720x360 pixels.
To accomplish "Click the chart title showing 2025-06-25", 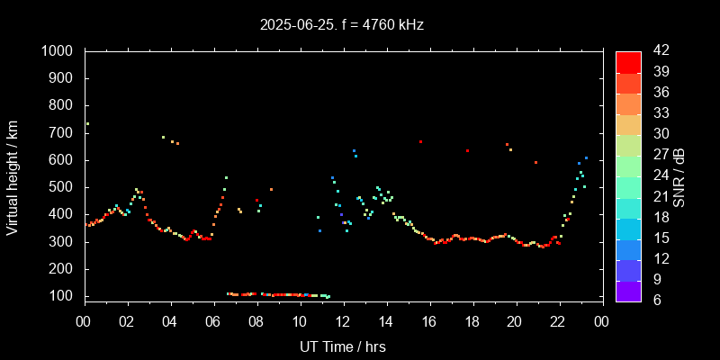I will (341, 25).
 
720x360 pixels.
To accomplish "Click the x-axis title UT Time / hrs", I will (343, 346).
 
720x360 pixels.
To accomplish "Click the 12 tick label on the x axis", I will (343, 321).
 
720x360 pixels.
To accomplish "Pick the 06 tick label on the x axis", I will (213, 321).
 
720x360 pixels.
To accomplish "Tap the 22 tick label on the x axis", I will (558, 321).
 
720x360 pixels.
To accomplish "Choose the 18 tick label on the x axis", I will (472, 321).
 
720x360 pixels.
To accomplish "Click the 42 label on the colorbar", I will (657, 51).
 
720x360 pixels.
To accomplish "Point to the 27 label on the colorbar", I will (657, 155).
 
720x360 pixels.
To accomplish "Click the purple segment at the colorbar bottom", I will (628, 291).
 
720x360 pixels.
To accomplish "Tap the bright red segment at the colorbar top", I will (628, 61).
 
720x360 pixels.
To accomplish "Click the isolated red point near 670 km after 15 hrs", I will (420, 141).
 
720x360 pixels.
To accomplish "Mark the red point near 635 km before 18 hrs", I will (467, 151).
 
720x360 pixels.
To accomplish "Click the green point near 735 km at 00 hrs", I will (87, 123).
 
